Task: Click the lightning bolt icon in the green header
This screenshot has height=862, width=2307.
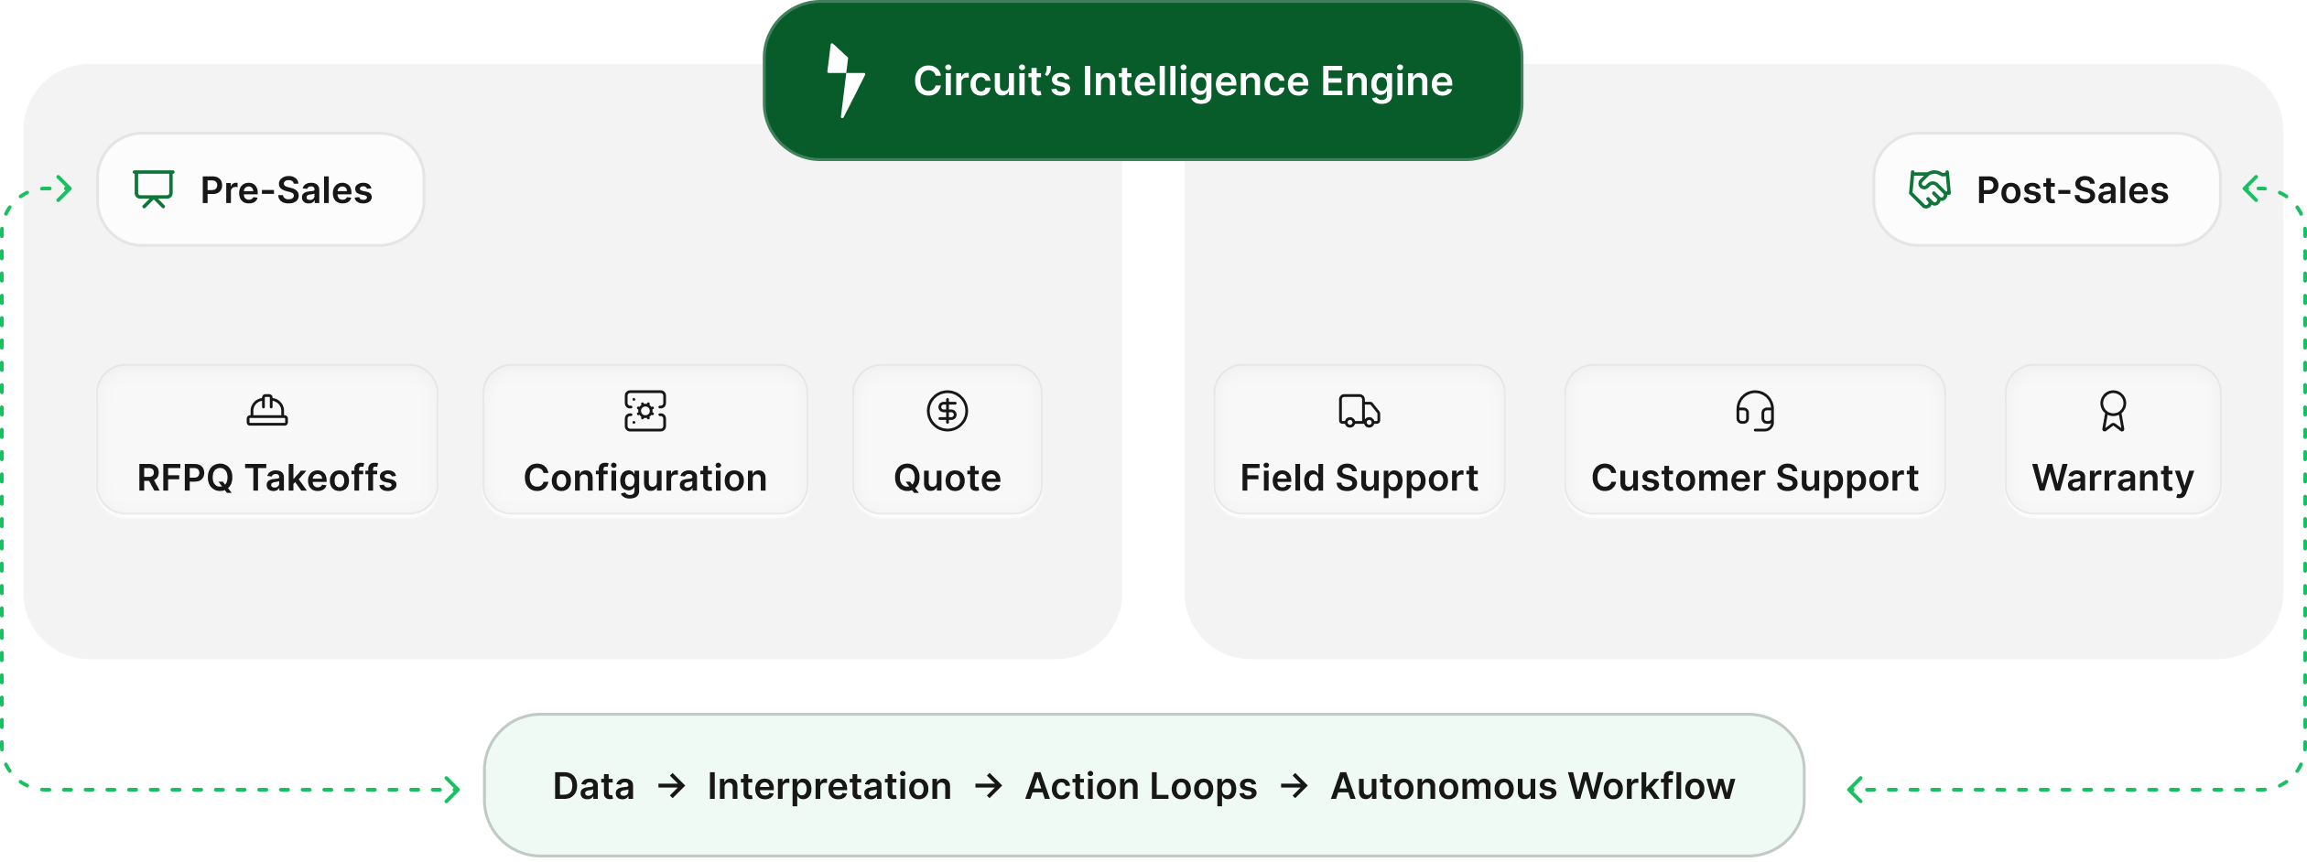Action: pyautogui.click(x=845, y=81)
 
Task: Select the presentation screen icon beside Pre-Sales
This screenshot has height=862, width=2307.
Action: pyautogui.click(x=153, y=189)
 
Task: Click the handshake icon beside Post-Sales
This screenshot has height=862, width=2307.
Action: pyautogui.click(x=1929, y=189)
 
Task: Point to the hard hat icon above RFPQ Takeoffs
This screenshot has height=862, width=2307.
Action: pyautogui.click(x=267, y=411)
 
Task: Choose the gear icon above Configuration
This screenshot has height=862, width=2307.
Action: pyautogui.click(x=645, y=411)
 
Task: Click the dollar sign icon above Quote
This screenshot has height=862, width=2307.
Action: pyautogui.click(x=948, y=411)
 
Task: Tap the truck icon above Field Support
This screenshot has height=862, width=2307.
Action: pyautogui.click(x=1359, y=411)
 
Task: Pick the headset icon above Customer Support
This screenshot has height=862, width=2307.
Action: pyautogui.click(x=1755, y=411)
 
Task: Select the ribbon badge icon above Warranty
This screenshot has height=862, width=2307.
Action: pyautogui.click(x=2113, y=411)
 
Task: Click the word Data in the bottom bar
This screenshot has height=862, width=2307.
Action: pyautogui.click(x=593, y=786)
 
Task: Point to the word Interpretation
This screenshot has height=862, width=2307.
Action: pyautogui.click(x=829, y=786)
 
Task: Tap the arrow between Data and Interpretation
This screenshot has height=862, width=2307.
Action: pyautogui.click(x=672, y=786)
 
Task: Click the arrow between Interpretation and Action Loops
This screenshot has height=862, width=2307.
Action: pyautogui.click(x=989, y=786)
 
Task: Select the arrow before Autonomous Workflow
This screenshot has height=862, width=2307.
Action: pyautogui.click(x=1294, y=786)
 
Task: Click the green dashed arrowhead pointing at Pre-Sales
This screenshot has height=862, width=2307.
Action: pyautogui.click(x=63, y=189)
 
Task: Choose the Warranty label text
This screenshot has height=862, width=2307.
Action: pyautogui.click(x=2113, y=478)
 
